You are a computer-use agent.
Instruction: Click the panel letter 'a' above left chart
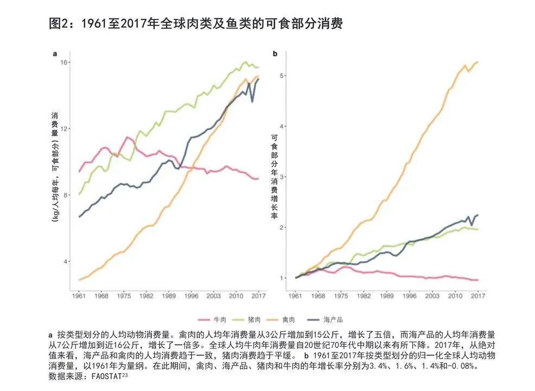[x=55, y=54]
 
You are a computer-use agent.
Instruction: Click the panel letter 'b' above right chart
[x=275, y=54]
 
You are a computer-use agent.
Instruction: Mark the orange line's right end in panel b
[x=477, y=62]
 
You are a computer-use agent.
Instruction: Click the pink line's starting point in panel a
[x=79, y=172]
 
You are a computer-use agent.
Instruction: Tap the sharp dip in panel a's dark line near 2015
[x=252, y=102]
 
